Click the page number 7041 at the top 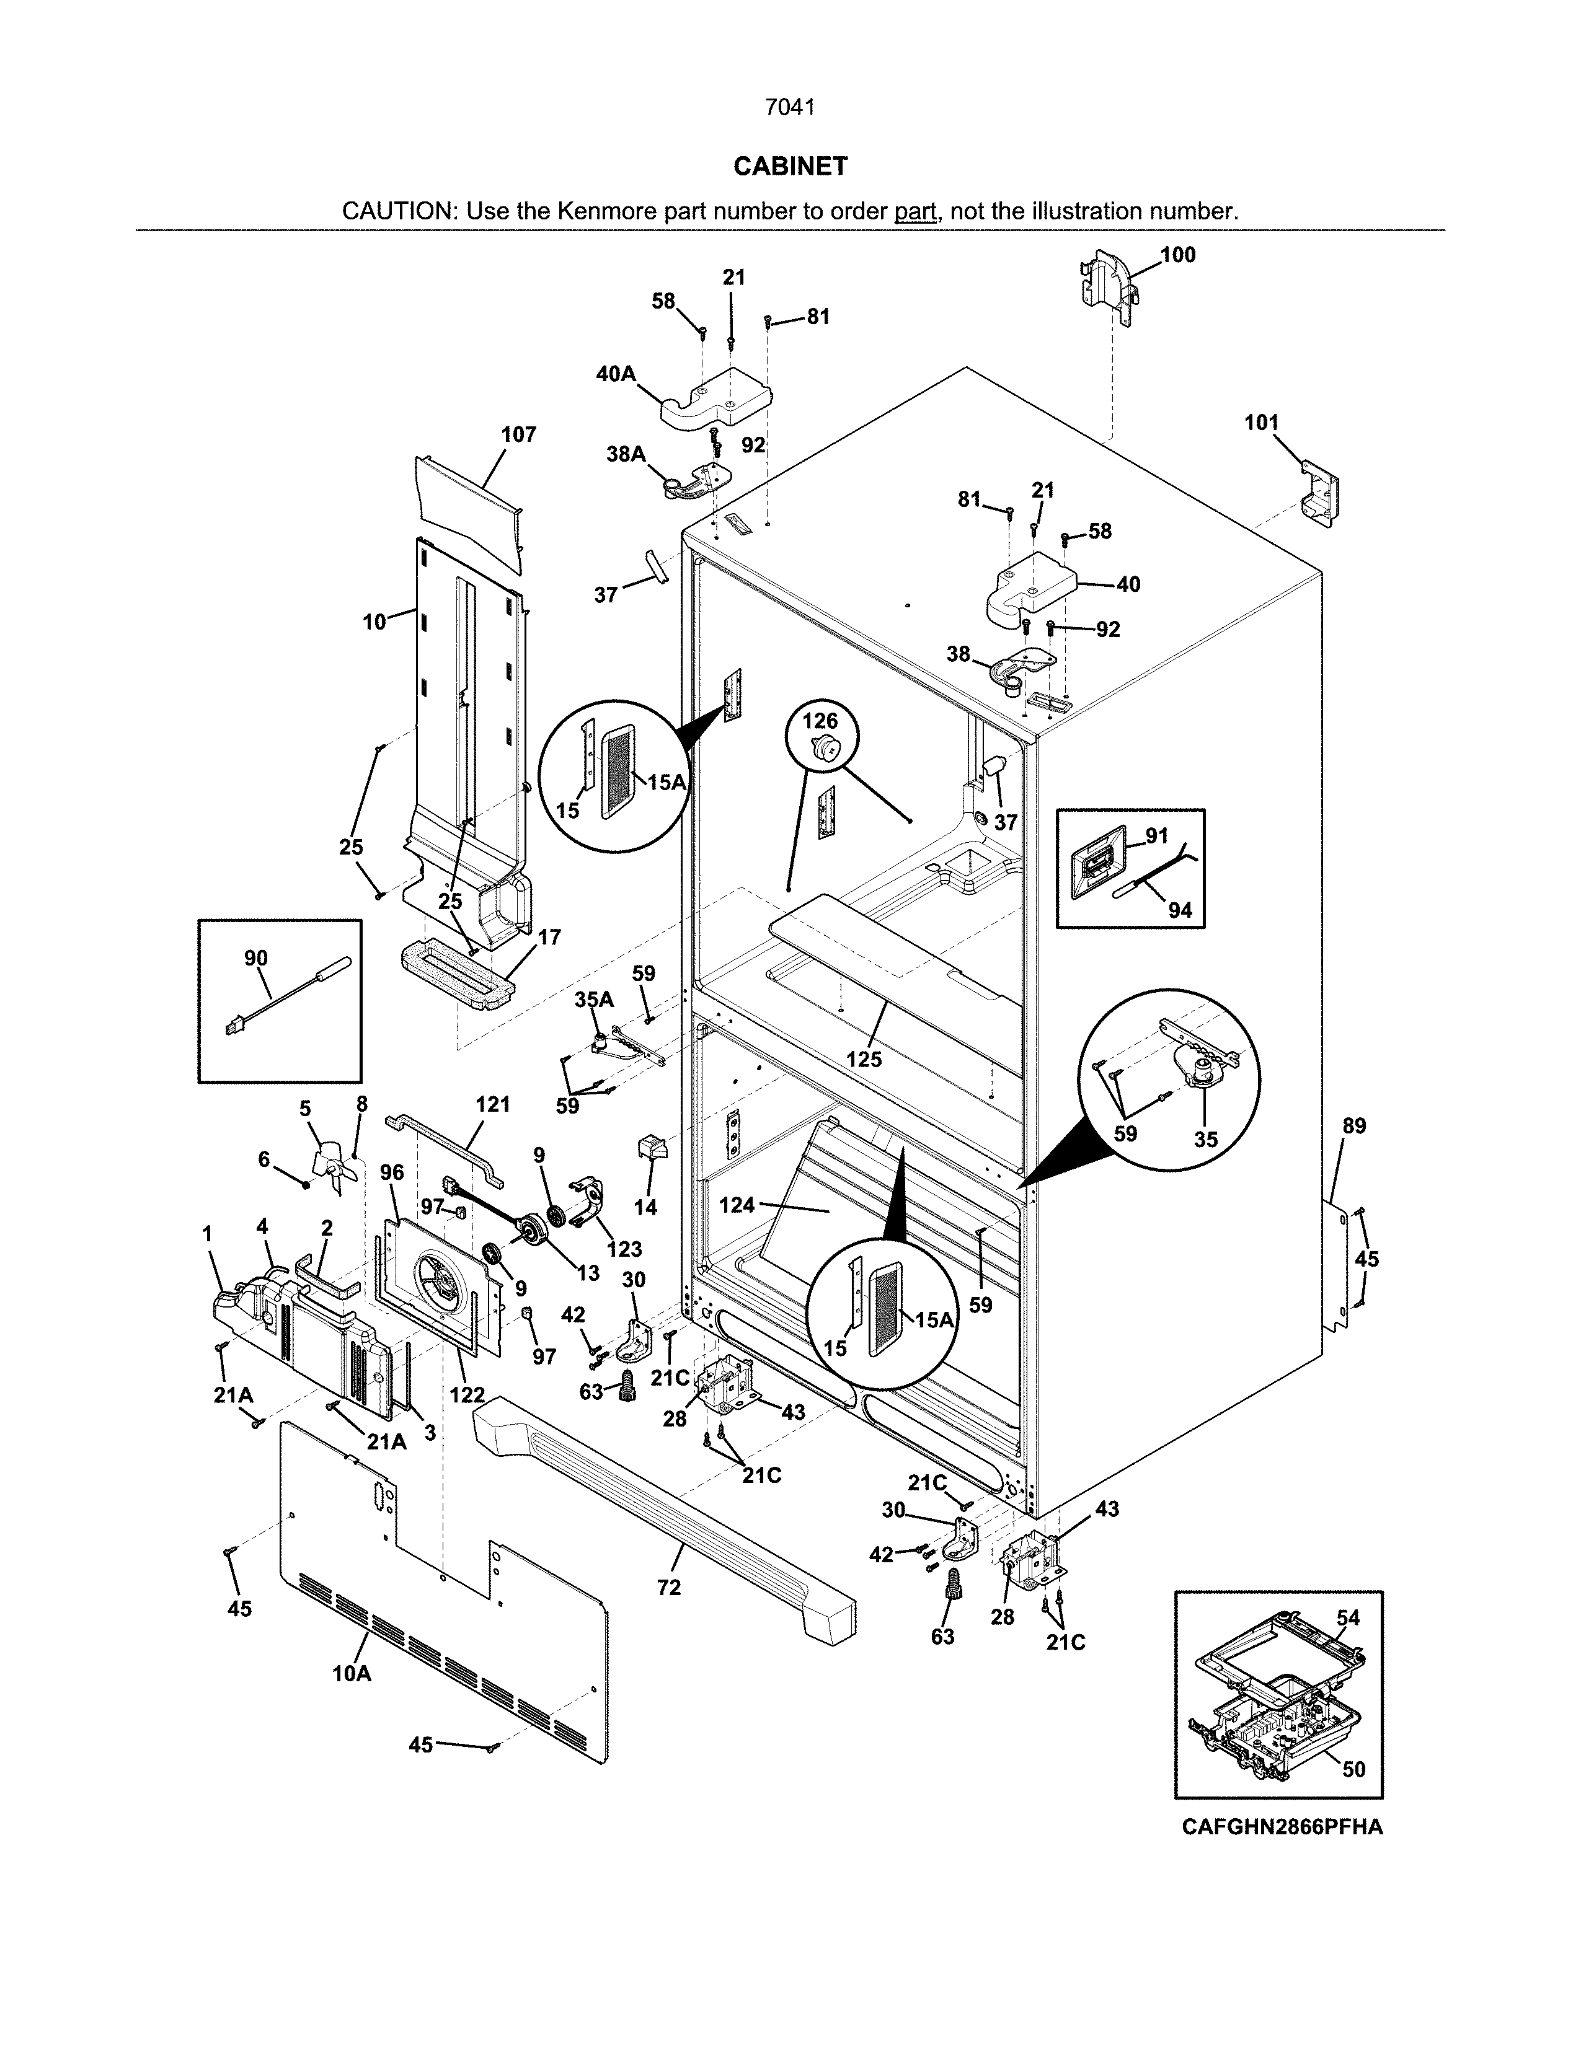click(x=789, y=108)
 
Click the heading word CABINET click(x=789, y=167)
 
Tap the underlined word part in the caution click(x=915, y=211)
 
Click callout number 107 click(x=518, y=434)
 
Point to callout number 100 click(x=1177, y=255)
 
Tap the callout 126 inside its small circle click(x=820, y=721)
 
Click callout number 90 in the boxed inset click(x=255, y=958)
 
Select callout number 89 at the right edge click(x=1354, y=1127)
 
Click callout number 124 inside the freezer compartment click(x=737, y=1205)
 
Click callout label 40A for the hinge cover click(x=616, y=374)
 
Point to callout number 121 click(x=493, y=1105)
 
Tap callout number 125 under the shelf click(x=864, y=1059)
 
